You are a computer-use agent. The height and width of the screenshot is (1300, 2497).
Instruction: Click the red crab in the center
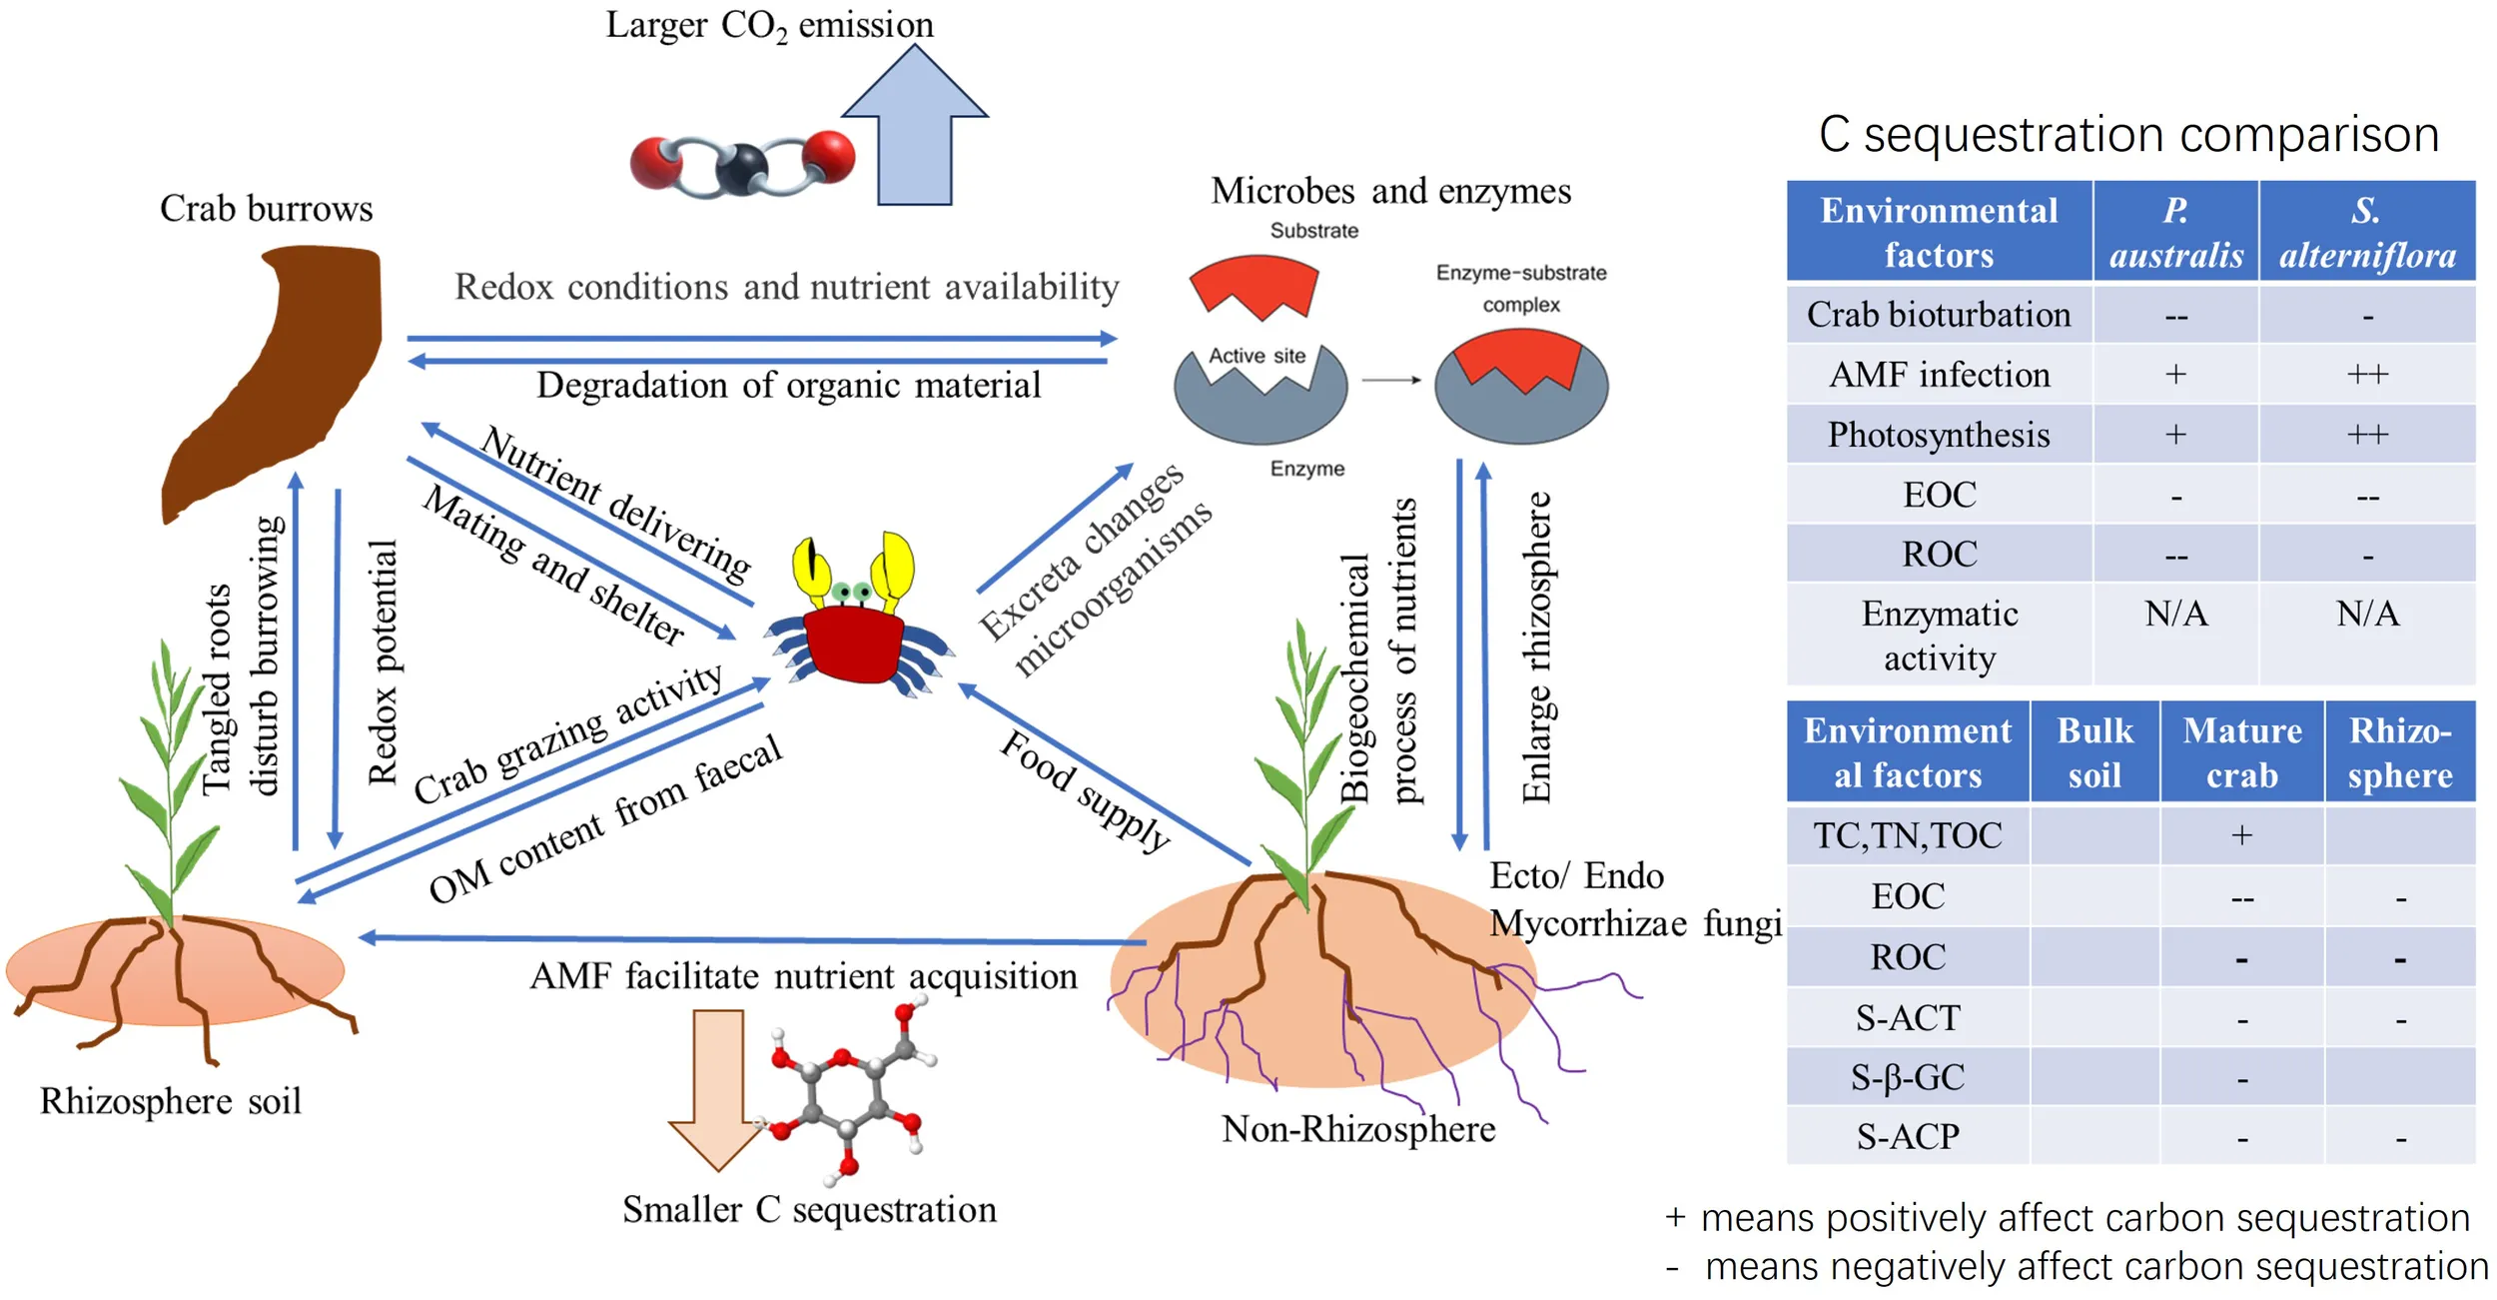coord(855,640)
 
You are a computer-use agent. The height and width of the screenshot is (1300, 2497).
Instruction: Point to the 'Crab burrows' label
coord(266,209)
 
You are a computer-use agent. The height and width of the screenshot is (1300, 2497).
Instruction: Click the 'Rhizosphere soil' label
coord(171,1101)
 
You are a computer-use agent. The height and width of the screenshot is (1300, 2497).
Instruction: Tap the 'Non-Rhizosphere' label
coord(1358,1129)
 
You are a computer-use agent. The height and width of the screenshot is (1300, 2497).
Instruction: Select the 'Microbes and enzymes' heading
coord(1390,191)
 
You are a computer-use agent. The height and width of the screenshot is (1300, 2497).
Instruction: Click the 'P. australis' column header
coord(2175,233)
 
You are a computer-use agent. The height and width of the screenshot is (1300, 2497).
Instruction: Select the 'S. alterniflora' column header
coord(2367,233)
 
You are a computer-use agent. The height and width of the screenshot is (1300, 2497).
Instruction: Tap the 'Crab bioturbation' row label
coord(1939,315)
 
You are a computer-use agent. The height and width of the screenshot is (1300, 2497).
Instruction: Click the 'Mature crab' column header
coord(2242,752)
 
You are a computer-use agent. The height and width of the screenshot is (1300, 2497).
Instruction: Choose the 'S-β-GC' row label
coord(1908,1077)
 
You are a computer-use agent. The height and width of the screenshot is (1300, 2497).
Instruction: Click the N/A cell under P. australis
coord(2175,614)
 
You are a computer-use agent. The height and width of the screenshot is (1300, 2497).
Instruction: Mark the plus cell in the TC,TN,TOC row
coord(2242,835)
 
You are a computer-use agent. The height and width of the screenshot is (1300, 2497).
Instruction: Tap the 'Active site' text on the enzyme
coord(1257,356)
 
